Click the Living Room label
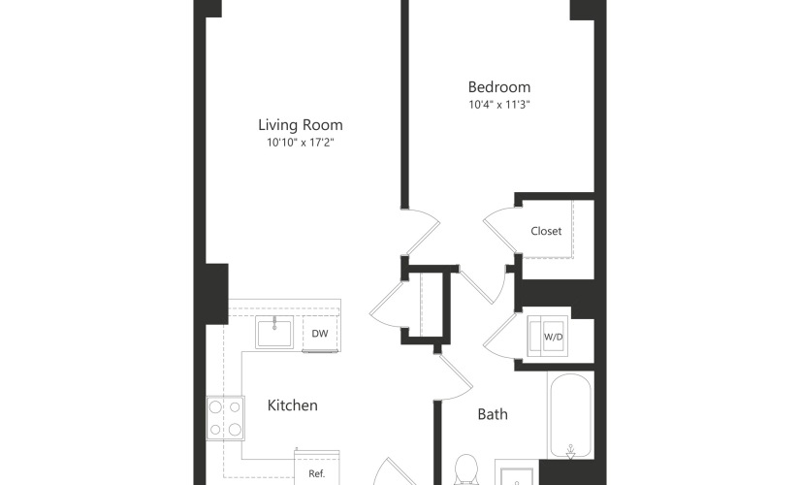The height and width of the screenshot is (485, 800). pyautogui.click(x=300, y=125)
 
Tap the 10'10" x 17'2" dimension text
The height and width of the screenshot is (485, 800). pyautogui.click(x=300, y=143)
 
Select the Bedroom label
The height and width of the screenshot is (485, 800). pyautogui.click(x=499, y=87)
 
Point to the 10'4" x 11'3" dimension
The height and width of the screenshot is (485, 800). pyautogui.click(x=499, y=105)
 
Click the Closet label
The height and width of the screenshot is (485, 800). pyautogui.click(x=546, y=231)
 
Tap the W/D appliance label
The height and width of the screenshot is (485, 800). pyautogui.click(x=553, y=337)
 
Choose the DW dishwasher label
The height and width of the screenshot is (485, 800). pyautogui.click(x=319, y=334)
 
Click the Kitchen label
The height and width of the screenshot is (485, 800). pyautogui.click(x=292, y=405)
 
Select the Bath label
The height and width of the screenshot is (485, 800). pyautogui.click(x=493, y=414)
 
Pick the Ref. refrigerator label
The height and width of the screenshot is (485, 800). pyautogui.click(x=317, y=473)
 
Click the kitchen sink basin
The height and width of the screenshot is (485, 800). pyautogui.click(x=274, y=333)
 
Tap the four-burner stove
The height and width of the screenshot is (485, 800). pyautogui.click(x=225, y=418)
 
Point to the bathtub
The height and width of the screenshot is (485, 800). pyautogui.click(x=571, y=415)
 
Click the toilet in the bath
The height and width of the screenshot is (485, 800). pyautogui.click(x=465, y=469)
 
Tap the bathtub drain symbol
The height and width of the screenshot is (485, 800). pyautogui.click(x=571, y=452)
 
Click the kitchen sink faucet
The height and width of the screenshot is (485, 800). pyautogui.click(x=274, y=323)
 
